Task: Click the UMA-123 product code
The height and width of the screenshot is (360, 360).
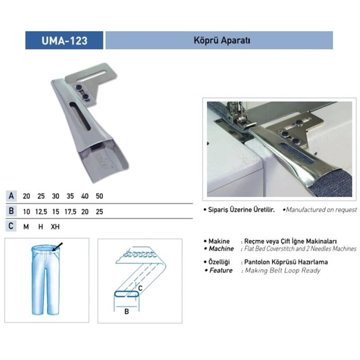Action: click(64, 40)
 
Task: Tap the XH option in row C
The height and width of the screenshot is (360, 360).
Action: click(55, 226)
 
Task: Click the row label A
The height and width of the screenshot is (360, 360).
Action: click(11, 197)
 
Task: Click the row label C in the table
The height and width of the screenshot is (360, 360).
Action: click(11, 226)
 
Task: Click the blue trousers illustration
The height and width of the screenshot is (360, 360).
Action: click(45, 279)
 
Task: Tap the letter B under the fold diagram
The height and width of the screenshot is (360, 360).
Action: click(126, 311)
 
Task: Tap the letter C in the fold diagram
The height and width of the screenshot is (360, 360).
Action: click(140, 288)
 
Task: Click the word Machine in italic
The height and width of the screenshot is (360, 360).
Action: click(221, 249)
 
